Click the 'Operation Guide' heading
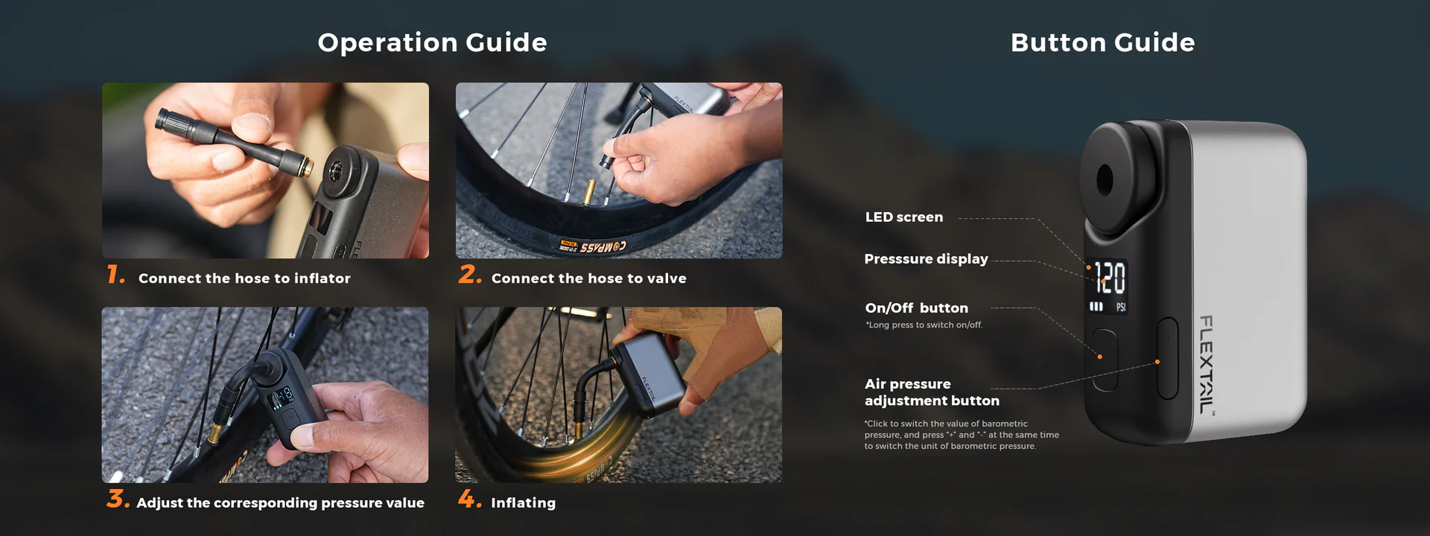432,42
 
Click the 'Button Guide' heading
1102,42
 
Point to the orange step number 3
118,498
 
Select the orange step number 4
470,498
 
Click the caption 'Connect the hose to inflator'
244,278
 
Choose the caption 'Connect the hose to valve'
589,278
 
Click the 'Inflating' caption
524,503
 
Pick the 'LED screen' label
904,217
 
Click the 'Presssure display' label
926,259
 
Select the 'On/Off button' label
917,308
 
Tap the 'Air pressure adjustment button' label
932,392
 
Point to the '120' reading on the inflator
1110,278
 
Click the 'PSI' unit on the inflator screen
1121,307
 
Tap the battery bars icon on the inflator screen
1096,306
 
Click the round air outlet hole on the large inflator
1105,180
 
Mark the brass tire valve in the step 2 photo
588,192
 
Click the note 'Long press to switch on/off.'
924,325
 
